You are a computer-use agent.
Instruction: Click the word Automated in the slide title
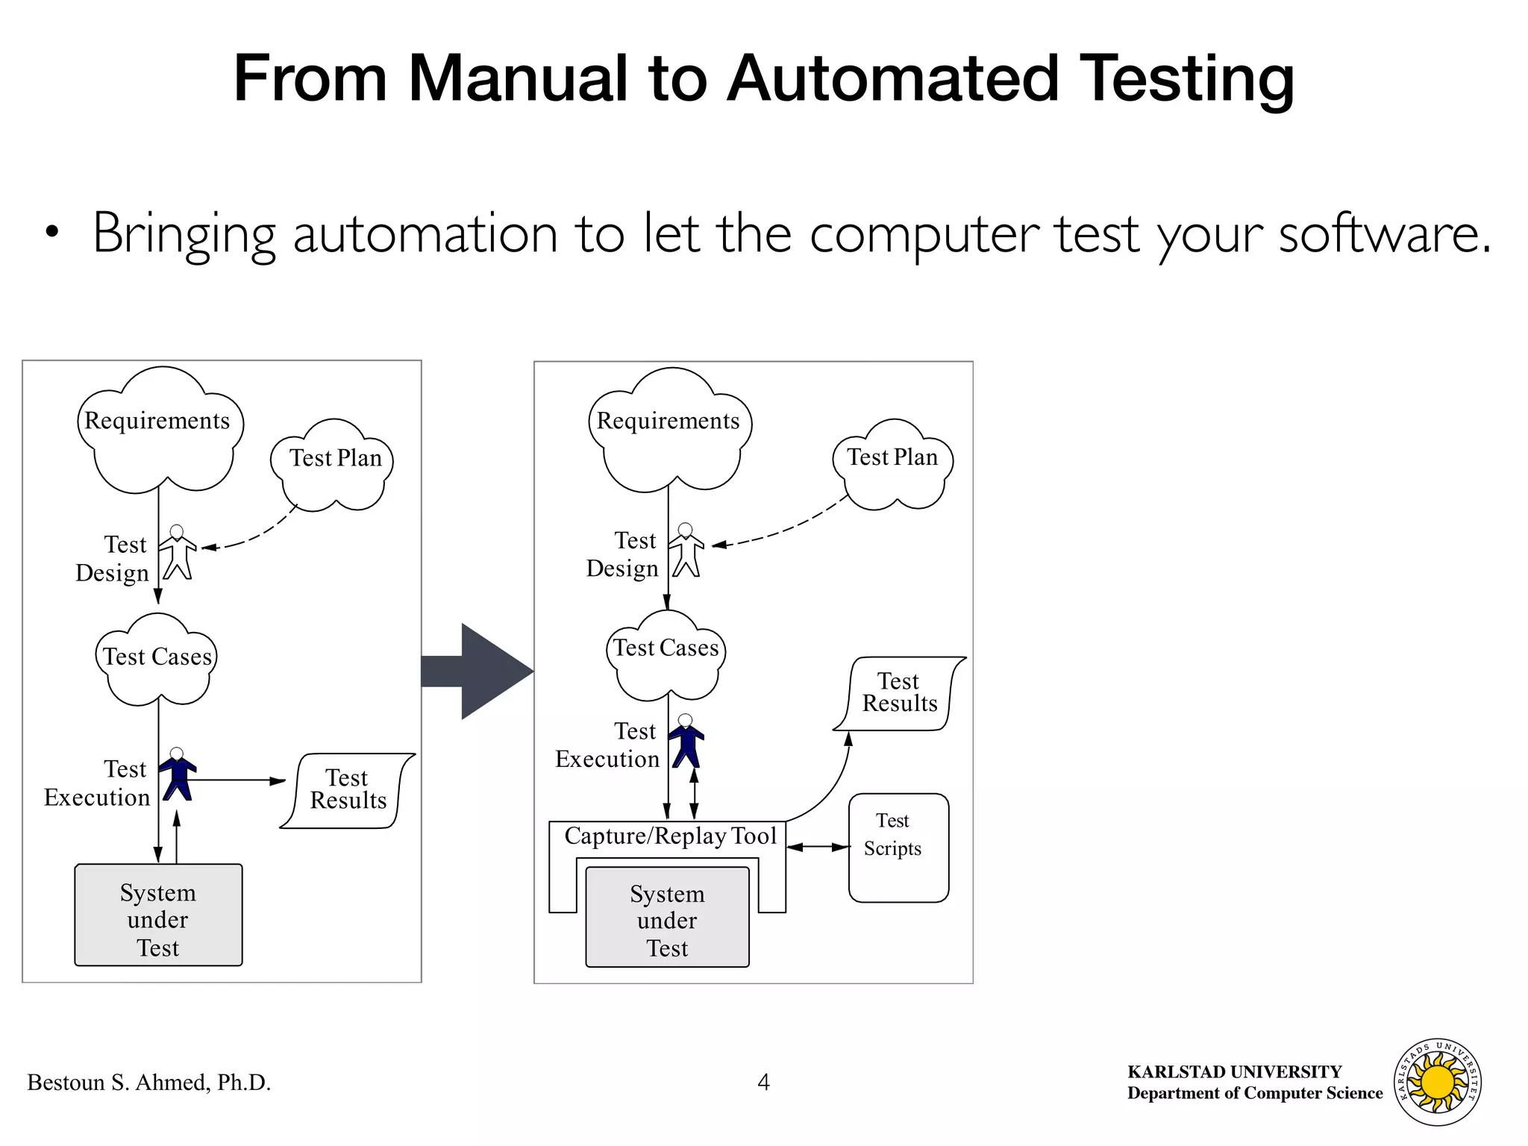892,78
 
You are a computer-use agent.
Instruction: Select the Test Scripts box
898,848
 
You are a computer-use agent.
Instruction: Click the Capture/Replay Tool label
670,836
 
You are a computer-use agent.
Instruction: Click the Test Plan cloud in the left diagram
334,466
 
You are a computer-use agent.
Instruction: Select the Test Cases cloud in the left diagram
157,660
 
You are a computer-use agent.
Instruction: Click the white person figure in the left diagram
178,553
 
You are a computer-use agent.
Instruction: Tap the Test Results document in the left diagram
348,790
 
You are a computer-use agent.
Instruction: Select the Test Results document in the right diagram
899,693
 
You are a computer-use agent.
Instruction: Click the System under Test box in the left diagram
158,915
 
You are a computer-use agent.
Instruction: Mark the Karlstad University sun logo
1438,1082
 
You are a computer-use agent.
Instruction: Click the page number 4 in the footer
763,1083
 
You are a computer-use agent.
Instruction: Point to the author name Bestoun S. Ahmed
148,1083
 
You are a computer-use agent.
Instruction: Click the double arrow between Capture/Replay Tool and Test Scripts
818,847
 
